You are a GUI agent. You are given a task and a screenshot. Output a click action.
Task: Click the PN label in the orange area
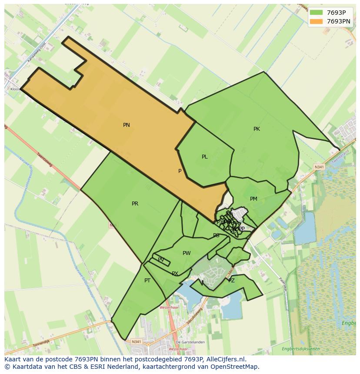point(127,125)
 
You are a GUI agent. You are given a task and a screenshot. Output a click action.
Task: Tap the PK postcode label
point(257,129)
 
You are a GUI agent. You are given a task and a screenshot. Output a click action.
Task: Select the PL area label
point(204,157)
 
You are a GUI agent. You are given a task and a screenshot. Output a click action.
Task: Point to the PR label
point(135,204)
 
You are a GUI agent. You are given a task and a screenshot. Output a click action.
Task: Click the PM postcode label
point(253,199)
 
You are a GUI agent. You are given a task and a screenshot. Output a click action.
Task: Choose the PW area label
point(187,253)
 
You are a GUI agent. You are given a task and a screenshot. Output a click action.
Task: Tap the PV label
point(161,260)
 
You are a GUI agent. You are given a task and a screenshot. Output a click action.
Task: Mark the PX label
point(175,274)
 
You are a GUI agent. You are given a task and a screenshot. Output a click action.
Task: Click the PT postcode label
point(147,281)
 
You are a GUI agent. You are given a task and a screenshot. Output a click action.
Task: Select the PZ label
point(231,281)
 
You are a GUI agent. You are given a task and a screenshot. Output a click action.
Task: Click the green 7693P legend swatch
point(317,13)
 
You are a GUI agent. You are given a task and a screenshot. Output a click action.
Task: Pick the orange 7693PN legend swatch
point(317,21)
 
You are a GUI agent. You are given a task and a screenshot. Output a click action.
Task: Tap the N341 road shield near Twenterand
point(319,167)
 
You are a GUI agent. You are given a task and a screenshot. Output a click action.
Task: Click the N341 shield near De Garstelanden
point(136,342)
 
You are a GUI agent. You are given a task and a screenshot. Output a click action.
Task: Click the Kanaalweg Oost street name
point(37,53)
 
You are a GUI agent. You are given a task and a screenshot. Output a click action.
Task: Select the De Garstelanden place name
point(190,342)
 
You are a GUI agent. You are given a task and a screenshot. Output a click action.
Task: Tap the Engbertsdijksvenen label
point(300,349)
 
